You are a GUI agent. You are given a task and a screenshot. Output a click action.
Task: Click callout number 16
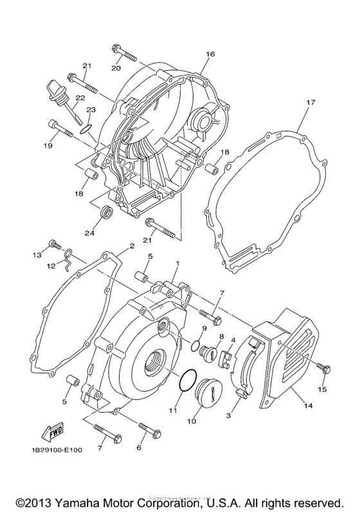click(210, 55)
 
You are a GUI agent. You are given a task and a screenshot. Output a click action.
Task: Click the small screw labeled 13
click(54, 245)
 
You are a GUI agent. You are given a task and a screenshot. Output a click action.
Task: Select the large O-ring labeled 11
click(184, 381)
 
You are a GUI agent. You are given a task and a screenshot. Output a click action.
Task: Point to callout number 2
click(131, 246)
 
